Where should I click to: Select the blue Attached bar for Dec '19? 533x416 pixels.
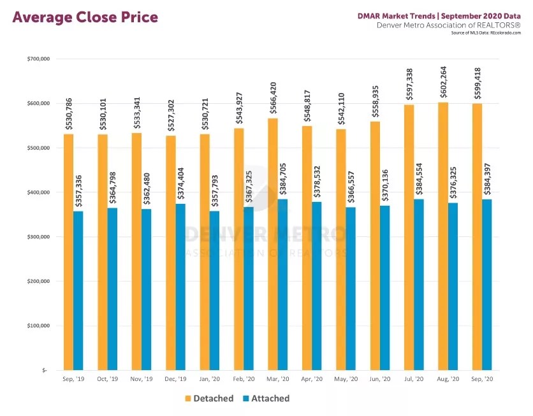pos(180,287)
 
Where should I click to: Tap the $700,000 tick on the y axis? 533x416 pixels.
pos(38,59)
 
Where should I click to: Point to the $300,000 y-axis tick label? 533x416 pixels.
pos(38,237)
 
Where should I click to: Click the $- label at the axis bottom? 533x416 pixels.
pos(43,370)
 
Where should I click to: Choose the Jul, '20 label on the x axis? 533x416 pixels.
pos(414,379)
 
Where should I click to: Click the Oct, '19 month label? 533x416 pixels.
pos(107,379)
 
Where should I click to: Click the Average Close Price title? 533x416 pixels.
pos(85,17)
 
